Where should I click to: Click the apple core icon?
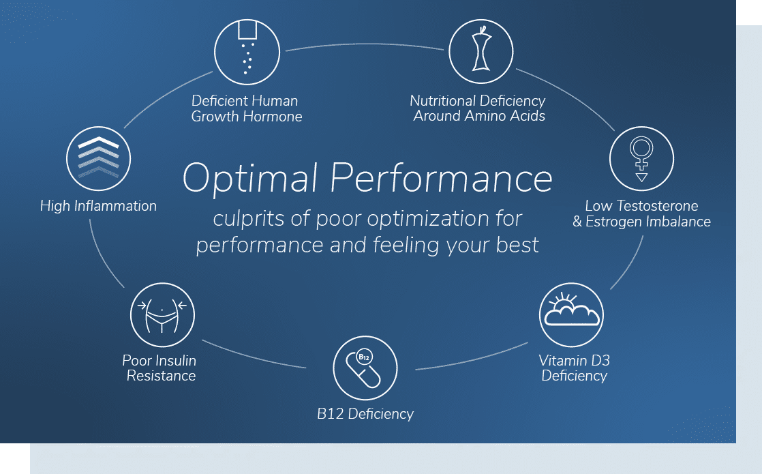pyautogui.click(x=481, y=48)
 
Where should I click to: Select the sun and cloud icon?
pyautogui.click(x=571, y=310)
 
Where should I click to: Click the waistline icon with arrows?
pyautogui.click(x=162, y=315)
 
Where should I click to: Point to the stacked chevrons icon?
pyautogui.click(x=99, y=157)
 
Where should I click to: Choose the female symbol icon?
pyautogui.click(x=641, y=159)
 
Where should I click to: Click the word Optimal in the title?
pyautogui.click(x=249, y=179)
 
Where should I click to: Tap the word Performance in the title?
pyautogui.click(x=441, y=178)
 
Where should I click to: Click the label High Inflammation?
pyautogui.click(x=98, y=206)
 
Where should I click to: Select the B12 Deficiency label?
pyautogui.click(x=365, y=414)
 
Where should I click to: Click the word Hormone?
pyautogui.click(x=273, y=116)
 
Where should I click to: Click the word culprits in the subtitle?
pyautogui.click(x=249, y=219)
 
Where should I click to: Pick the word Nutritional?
pyautogui.click(x=442, y=101)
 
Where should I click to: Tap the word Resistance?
pyautogui.click(x=161, y=376)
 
